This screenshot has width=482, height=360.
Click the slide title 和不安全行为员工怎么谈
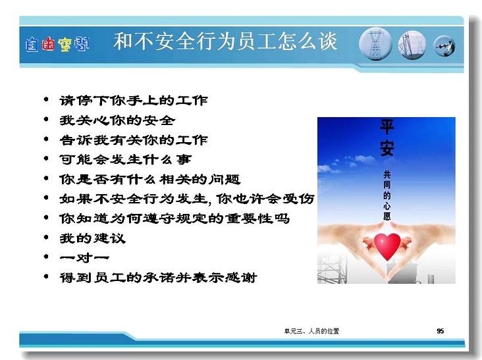[225, 41]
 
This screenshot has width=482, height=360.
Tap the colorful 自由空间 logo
[57, 44]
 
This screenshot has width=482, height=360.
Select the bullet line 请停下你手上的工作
[134, 101]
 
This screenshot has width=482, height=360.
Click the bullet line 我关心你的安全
[117, 120]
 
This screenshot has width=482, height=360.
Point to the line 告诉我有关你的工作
[134, 140]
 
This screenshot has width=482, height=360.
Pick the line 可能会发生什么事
[126, 159]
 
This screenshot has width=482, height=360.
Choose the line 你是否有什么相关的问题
[150, 179]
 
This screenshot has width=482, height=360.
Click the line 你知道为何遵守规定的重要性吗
[174, 219]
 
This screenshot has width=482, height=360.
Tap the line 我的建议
[93, 238]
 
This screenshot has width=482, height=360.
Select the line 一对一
[84, 257]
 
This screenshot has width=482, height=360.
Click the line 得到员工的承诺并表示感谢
[158, 277]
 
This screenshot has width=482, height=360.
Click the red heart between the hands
[387, 245]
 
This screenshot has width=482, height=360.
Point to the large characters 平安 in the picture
[387, 138]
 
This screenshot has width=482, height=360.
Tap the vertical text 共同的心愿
[387, 195]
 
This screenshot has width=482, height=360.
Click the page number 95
[441, 331]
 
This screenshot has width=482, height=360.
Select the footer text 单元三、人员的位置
[311, 331]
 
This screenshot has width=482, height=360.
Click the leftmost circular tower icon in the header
[375, 44]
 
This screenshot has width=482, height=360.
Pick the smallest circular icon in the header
[444, 46]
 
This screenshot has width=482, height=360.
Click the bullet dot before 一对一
[46, 257]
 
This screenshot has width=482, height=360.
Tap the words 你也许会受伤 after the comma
[265, 199]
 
